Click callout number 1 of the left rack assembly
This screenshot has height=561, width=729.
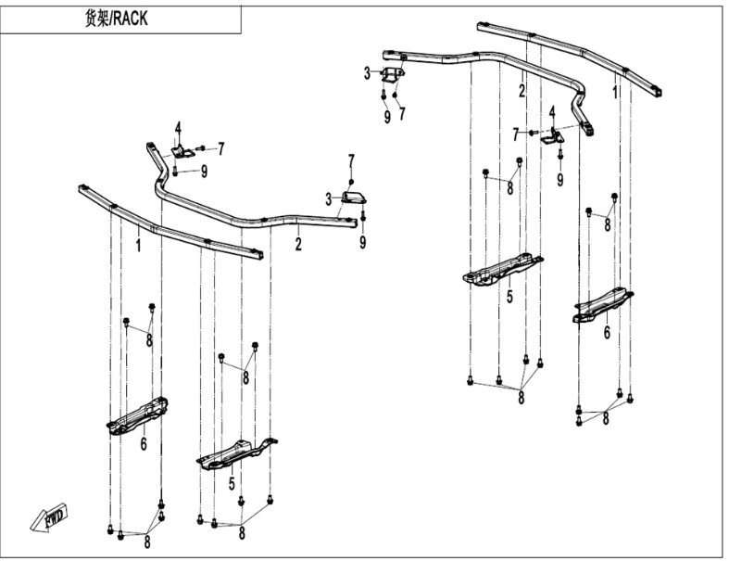(x=139, y=246)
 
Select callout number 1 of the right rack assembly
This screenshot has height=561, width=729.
(x=614, y=92)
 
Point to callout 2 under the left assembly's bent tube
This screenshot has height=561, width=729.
(x=298, y=245)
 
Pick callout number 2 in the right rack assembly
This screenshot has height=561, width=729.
(x=522, y=91)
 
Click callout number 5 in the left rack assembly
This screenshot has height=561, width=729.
(x=232, y=482)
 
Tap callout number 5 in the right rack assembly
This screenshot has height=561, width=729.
(x=509, y=299)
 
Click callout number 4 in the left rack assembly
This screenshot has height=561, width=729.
(x=178, y=127)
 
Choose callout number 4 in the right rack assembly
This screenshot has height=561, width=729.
(x=552, y=111)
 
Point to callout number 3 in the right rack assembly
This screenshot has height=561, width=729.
(x=367, y=72)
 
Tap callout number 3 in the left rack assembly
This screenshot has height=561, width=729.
(x=328, y=198)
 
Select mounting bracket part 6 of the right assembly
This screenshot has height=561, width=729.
(x=603, y=305)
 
